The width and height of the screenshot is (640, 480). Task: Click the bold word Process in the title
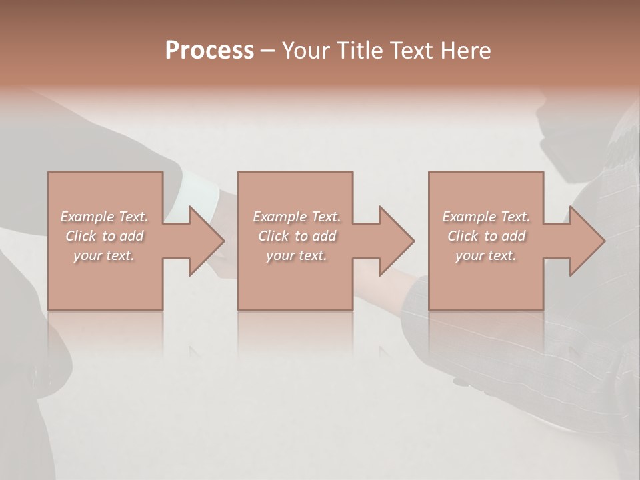click(x=209, y=51)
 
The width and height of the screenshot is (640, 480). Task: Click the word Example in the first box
click(x=87, y=217)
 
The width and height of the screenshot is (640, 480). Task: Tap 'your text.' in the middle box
click(x=296, y=255)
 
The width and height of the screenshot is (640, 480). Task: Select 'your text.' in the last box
click(x=485, y=255)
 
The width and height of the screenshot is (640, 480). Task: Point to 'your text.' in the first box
click(x=103, y=255)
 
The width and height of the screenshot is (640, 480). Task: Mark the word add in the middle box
click(x=323, y=236)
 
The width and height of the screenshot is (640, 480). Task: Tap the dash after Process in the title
click(x=268, y=51)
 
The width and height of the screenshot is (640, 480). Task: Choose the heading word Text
click(x=409, y=51)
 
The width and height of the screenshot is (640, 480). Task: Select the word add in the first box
click(x=131, y=236)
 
